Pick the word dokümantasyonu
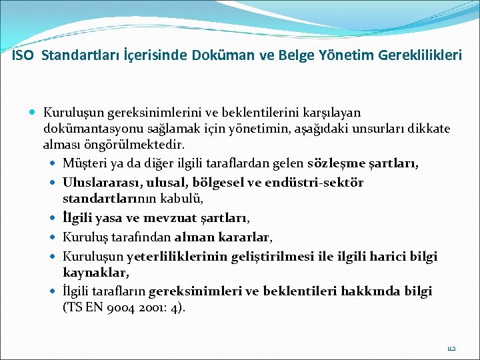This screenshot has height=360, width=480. pos(91,129)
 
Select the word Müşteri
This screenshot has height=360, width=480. pos(82,163)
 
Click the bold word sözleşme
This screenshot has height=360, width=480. pos(335,163)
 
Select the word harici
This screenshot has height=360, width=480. pos(391,255)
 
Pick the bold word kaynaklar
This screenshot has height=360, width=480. pos(95,272)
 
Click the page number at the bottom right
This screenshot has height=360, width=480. pos(451,348)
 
